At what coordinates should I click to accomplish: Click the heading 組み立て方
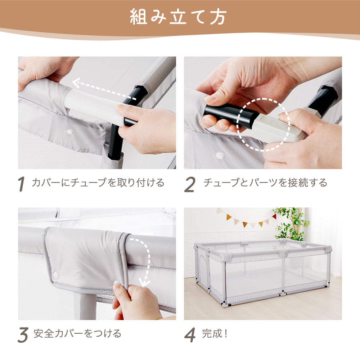pyautogui.click(x=178, y=17)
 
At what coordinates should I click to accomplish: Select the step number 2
pyautogui.click(x=190, y=184)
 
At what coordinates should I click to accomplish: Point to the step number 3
pyautogui.click(x=23, y=335)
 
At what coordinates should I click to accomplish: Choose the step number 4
pyautogui.click(x=190, y=335)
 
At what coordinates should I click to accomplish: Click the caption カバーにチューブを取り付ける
pyautogui.click(x=98, y=183)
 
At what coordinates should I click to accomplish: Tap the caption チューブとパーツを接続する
pyautogui.click(x=265, y=183)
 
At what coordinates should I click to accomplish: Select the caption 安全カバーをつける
pyautogui.click(x=77, y=333)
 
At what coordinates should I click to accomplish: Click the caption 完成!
pyautogui.click(x=215, y=333)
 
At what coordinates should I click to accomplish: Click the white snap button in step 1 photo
pyautogui.click(x=69, y=132)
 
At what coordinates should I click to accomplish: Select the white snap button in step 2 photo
pyautogui.click(x=220, y=156)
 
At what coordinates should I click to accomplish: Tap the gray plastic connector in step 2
pyautogui.click(x=282, y=127)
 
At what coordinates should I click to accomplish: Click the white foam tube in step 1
pyautogui.click(x=94, y=105)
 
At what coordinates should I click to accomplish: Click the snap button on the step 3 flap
pyautogui.click(x=55, y=275)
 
